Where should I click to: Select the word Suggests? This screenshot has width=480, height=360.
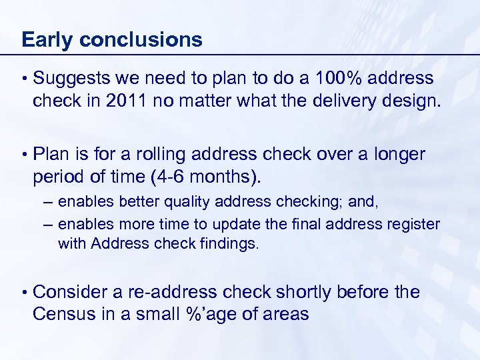72,79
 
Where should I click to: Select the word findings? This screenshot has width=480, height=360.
225,244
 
